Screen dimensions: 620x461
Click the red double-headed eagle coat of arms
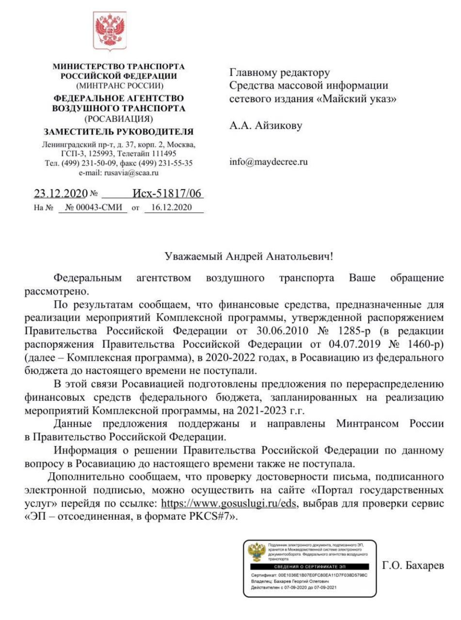110,30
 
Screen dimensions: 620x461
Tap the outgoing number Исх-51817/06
167,194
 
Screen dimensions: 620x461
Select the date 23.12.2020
60,194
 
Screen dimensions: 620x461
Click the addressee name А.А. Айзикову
266,126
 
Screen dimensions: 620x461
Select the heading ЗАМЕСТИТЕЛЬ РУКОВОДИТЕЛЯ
119,132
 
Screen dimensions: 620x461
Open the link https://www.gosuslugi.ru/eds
232,502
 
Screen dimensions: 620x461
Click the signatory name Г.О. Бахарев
413,566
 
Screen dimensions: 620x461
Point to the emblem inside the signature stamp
256,553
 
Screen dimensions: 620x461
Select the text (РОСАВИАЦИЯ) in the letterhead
119,118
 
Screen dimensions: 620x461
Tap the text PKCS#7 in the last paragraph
213,515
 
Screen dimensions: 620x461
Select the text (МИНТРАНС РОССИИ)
119,86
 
